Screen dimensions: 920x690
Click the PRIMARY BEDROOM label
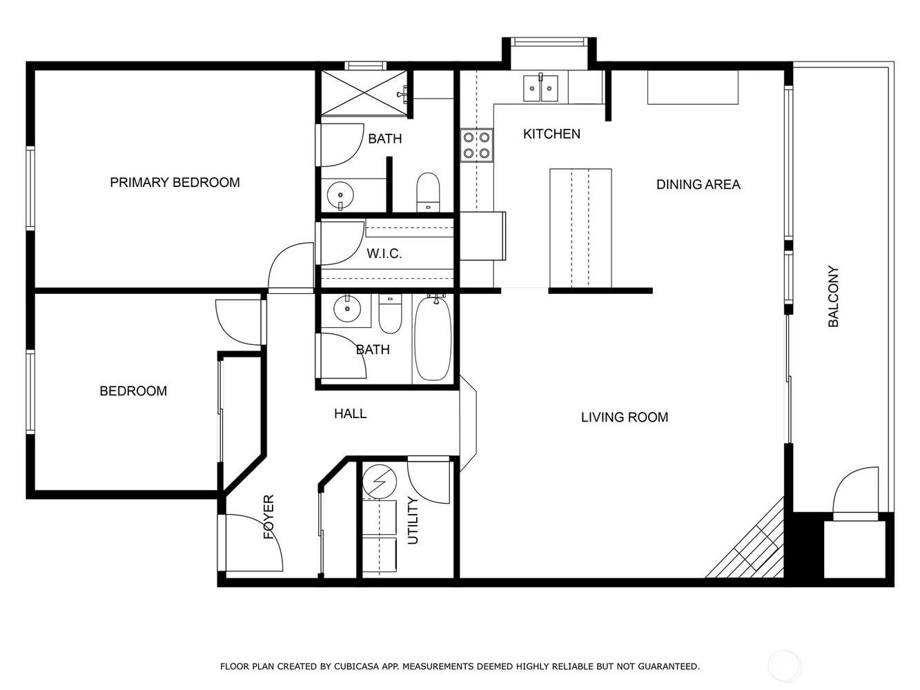pos(175,182)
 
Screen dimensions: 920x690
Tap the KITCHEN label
pos(551,134)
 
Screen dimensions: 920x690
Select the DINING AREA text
pos(698,184)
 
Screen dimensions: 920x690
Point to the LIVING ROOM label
pos(625,417)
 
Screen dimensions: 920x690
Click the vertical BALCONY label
pos(833,296)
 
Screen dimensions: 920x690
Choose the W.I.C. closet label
pos(384,253)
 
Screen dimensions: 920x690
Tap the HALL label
pos(351,414)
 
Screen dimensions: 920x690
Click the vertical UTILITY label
pos(413,520)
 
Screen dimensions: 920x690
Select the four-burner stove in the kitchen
pos(476,145)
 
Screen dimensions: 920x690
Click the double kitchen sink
pos(540,88)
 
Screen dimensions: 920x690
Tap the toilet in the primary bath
pos(428,193)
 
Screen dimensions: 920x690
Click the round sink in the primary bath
pos(340,195)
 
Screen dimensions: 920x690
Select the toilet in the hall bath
pos(390,313)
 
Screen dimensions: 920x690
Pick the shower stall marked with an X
pos(364,92)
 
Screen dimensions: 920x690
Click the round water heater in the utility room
pos(380,482)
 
